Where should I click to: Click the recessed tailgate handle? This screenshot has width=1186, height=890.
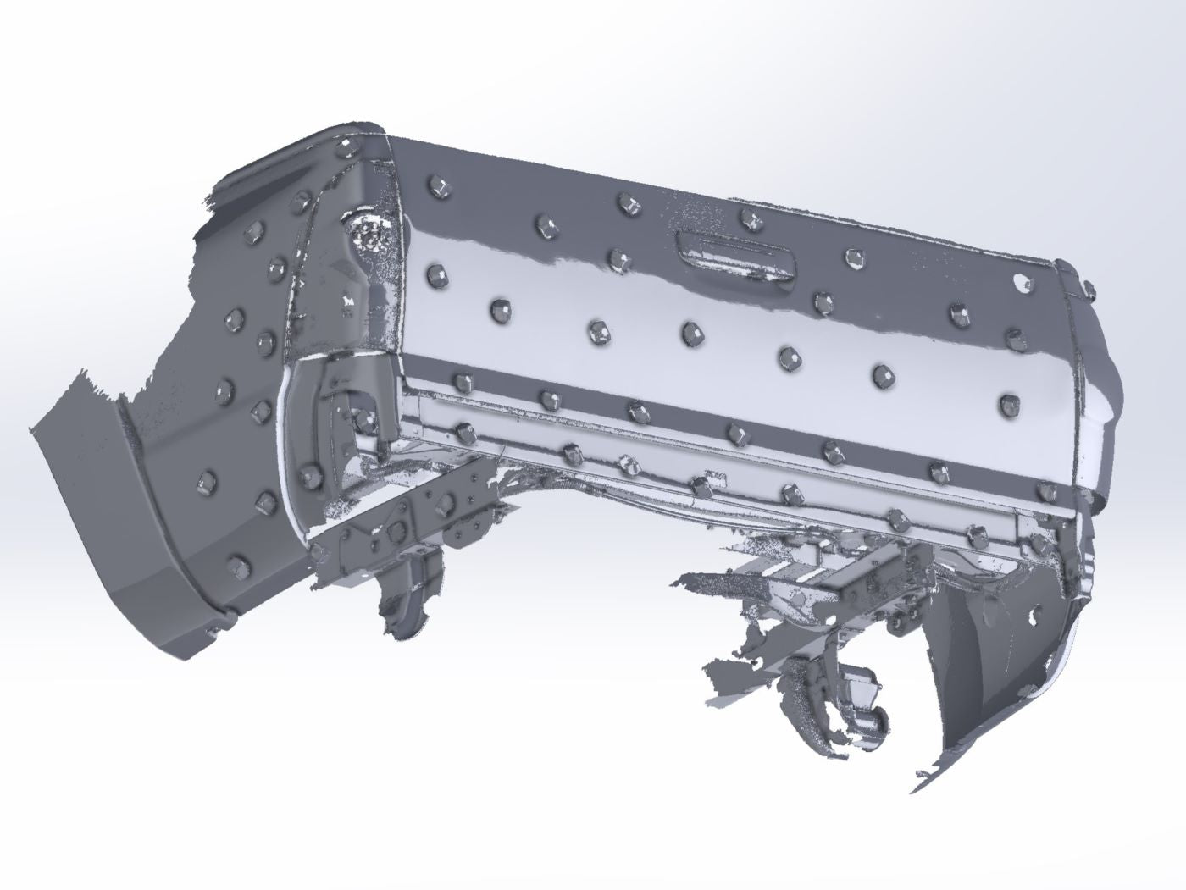click(x=735, y=252)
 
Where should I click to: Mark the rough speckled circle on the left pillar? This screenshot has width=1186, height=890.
click(x=369, y=232)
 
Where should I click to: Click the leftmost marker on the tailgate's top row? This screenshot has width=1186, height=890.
click(x=438, y=185)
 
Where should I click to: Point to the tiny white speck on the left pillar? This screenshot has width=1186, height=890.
click(x=346, y=301)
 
